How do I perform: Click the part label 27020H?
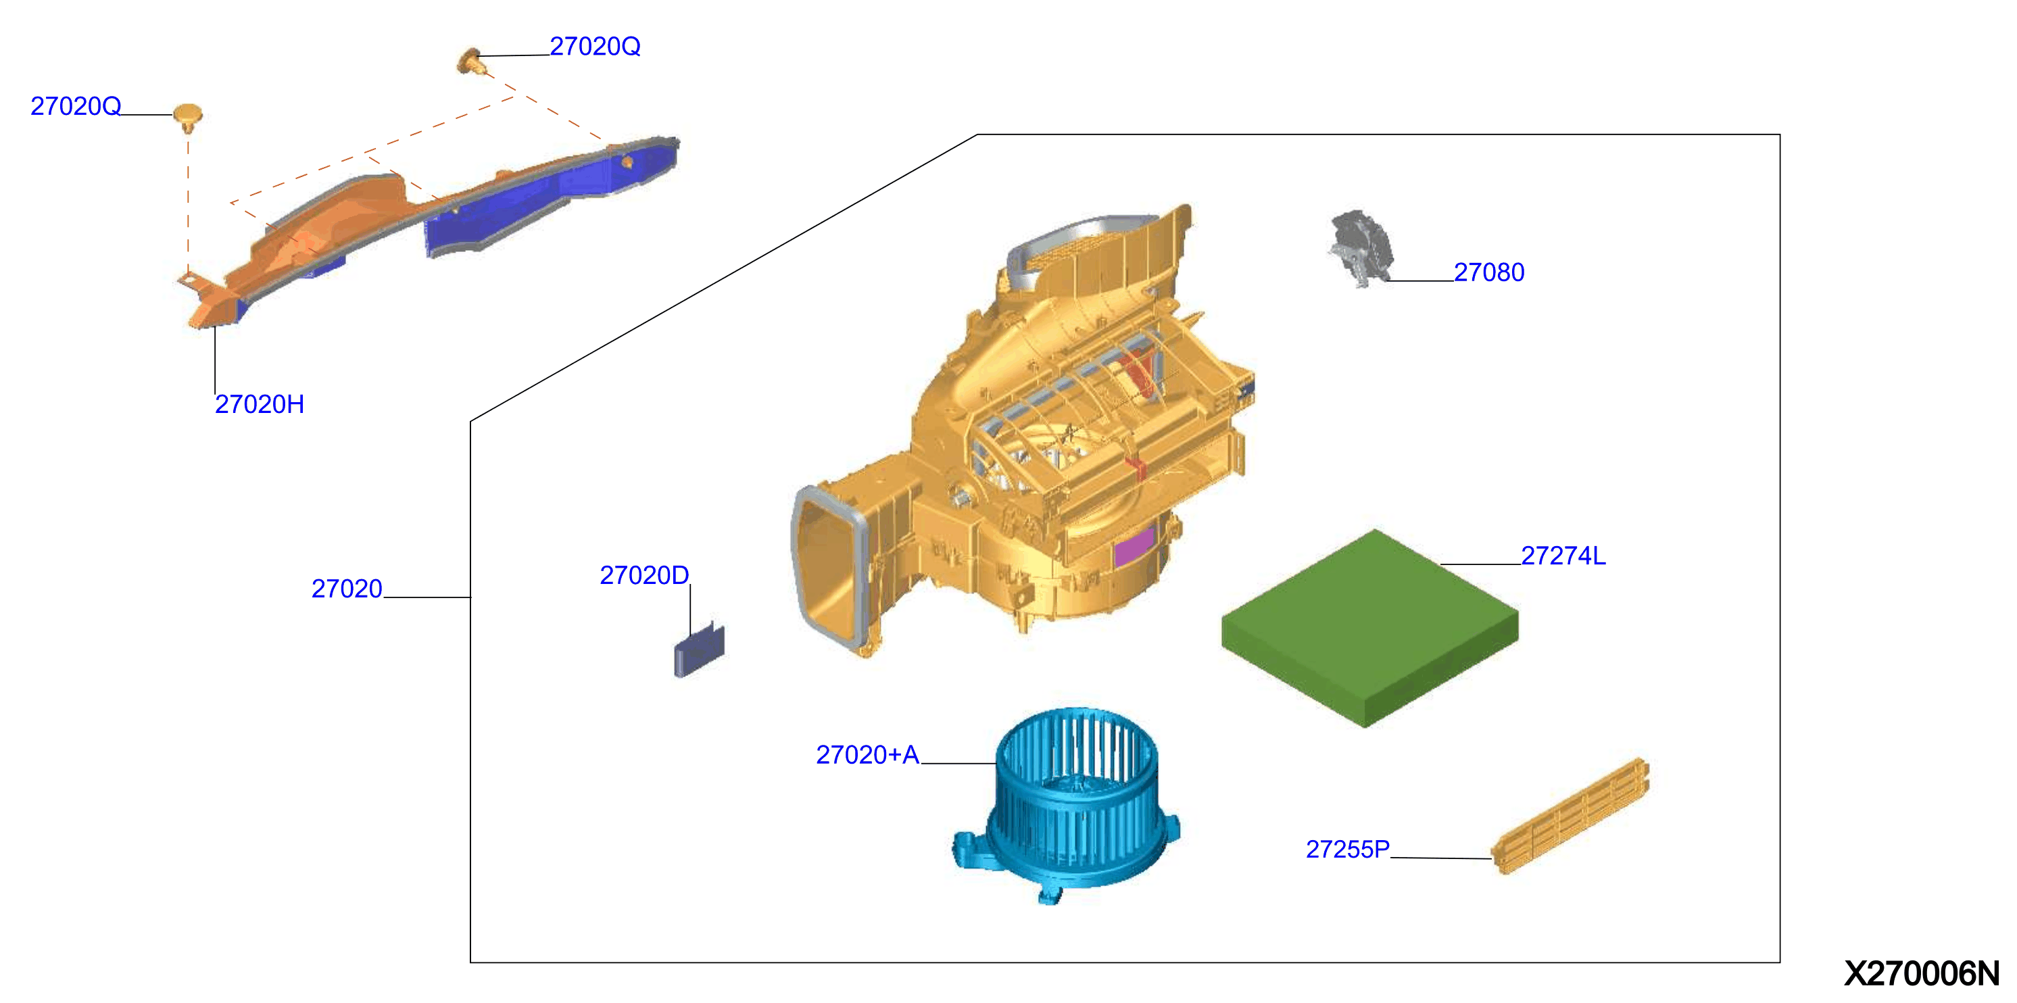[x=259, y=404]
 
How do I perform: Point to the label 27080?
[x=1489, y=272]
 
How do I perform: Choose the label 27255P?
[x=1348, y=849]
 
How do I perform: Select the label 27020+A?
[x=867, y=754]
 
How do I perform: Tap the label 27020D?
[x=644, y=574]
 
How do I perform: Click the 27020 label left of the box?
[x=347, y=588]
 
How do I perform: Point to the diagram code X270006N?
[x=1922, y=973]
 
